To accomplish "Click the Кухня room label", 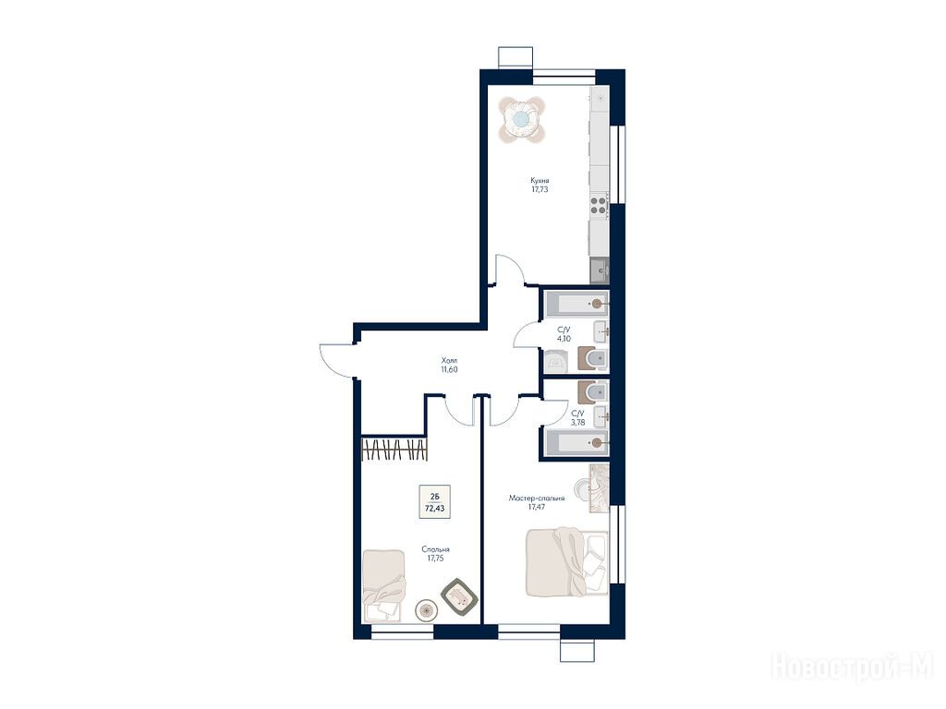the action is [x=540, y=180].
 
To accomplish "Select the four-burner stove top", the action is [x=599, y=205].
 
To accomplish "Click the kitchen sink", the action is [x=600, y=270].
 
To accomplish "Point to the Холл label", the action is [x=450, y=361].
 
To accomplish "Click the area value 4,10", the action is [x=564, y=339].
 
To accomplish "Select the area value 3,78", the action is [x=578, y=423].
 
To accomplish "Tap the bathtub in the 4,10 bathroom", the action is [x=576, y=303].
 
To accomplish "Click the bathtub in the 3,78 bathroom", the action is [x=576, y=442].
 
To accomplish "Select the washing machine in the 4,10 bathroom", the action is [x=556, y=362].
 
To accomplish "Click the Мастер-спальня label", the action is [x=537, y=499].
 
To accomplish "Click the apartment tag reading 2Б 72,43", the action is [x=434, y=501].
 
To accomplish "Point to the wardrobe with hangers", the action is [x=395, y=451].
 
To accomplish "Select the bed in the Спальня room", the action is [x=384, y=584].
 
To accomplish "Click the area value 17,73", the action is [x=540, y=189].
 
